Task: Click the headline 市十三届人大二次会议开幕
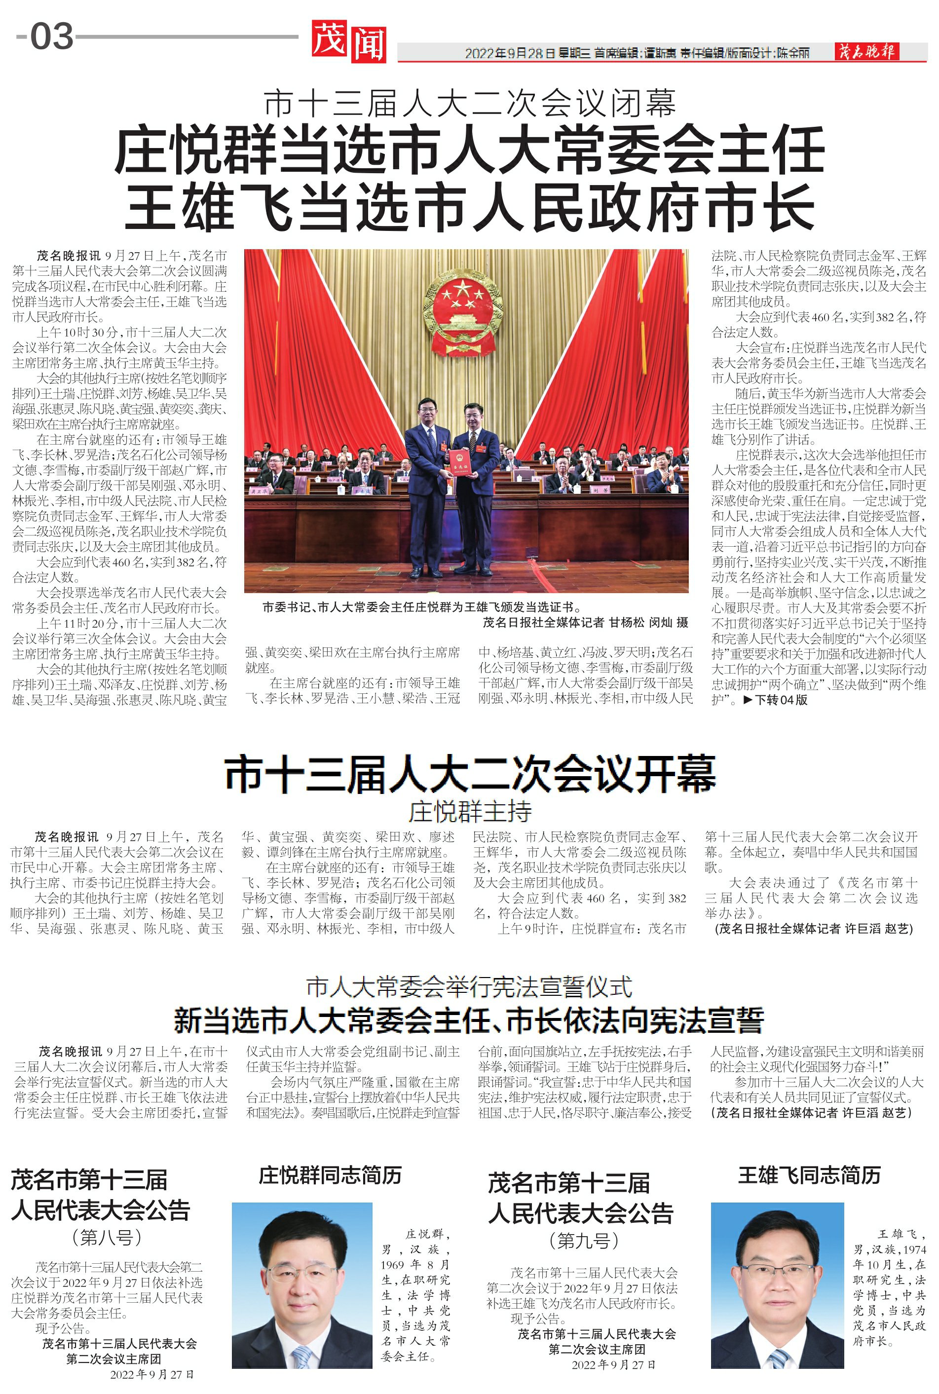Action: coord(470,774)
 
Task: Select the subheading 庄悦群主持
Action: coord(470,811)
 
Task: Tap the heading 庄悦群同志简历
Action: coord(330,1175)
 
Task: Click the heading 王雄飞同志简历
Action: coord(809,1175)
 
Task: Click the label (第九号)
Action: coord(583,1241)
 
